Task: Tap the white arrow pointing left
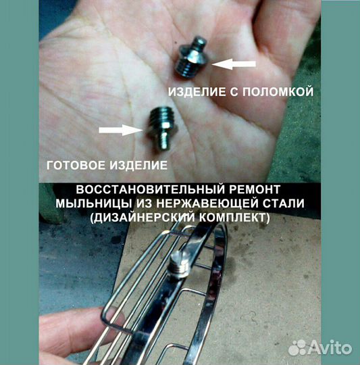[234, 64]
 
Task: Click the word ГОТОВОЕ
[71, 164]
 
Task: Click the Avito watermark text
[332, 348]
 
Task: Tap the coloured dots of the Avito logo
[298, 347]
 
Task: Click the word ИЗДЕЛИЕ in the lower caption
[136, 164]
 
